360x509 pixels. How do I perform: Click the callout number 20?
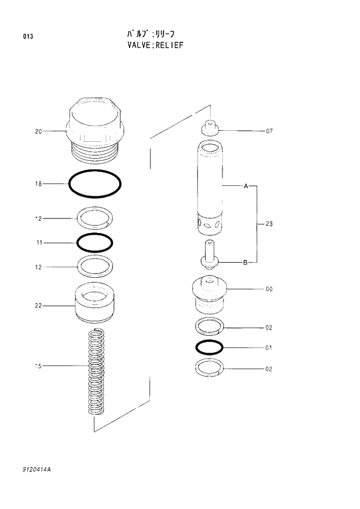point(38,131)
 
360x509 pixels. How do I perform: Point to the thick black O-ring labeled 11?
point(95,242)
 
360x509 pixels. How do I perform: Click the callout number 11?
point(38,242)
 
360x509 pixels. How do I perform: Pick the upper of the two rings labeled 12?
point(95,218)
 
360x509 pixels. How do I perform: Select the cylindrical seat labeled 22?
point(95,304)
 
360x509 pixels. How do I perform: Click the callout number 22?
point(38,306)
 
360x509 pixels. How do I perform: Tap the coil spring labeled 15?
point(95,372)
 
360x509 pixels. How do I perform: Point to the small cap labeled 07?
point(210,128)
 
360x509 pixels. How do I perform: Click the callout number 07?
point(269,131)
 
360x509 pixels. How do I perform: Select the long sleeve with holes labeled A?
point(210,186)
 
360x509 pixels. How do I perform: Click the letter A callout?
point(246,187)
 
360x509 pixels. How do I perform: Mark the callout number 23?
point(269,224)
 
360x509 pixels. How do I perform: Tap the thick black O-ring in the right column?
point(210,347)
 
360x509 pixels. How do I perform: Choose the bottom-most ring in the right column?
point(210,368)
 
